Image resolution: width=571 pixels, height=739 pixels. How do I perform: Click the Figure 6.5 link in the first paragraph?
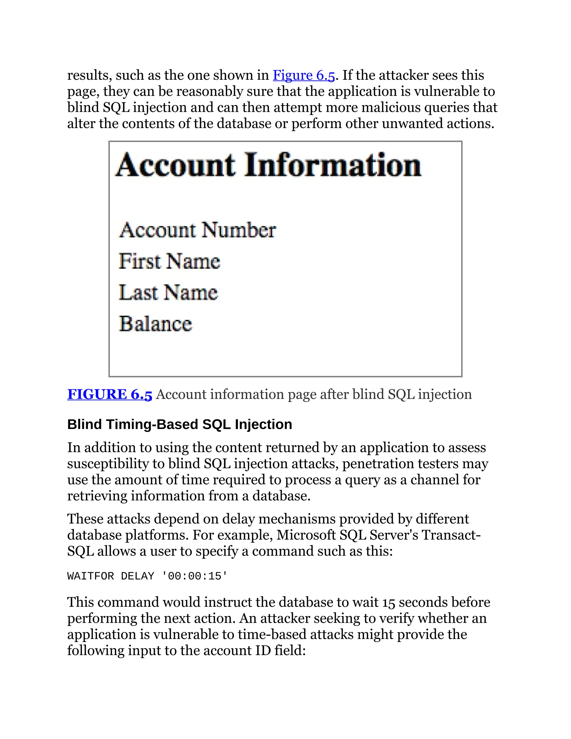click(x=303, y=75)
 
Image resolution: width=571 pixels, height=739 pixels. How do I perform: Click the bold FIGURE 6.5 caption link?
click(x=110, y=394)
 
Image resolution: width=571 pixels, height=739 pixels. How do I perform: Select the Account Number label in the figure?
click(x=198, y=230)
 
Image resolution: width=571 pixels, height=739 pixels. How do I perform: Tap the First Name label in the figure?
click(x=169, y=261)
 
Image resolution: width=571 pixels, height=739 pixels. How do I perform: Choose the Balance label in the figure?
click(x=155, y=324)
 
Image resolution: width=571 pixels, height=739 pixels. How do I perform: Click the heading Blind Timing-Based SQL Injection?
click(x=179, y=424)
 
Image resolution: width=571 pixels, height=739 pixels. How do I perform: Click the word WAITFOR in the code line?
click(x=90, y=576)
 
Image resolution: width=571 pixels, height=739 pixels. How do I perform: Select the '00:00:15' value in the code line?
click(x=195, y=576)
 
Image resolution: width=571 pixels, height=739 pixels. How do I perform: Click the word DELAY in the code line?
click(x=137, y=576)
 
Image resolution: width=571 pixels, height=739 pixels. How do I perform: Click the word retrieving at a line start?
click(x=97, y=496)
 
